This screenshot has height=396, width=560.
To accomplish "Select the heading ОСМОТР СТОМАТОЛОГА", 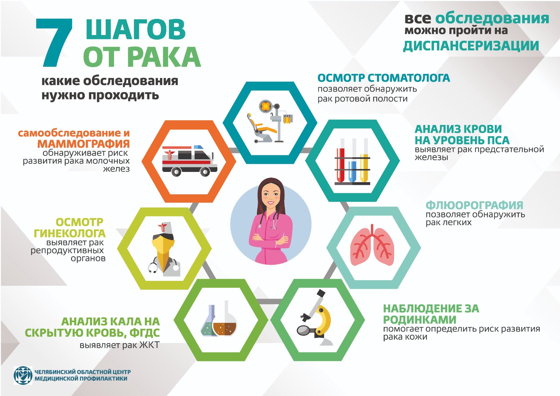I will point(384,78).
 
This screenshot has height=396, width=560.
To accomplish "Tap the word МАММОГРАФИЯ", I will point(83,144).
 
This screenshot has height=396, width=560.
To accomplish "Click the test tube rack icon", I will point(352,161).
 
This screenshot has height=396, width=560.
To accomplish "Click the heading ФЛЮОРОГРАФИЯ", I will point(474,205).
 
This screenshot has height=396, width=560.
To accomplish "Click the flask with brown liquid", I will point(225,323).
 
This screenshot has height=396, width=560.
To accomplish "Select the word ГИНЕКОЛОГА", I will point(69,233).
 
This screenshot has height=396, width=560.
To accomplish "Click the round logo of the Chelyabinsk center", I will point(23,375).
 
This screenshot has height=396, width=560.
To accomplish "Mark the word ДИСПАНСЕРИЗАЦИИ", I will point(471,46).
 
